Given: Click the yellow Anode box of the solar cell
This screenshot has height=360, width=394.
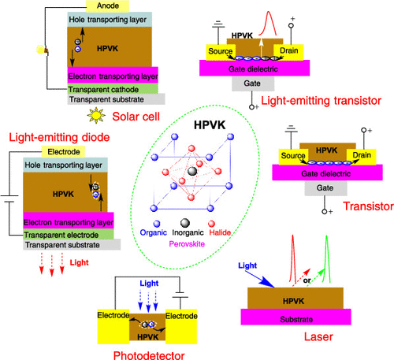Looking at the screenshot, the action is pos(107,6).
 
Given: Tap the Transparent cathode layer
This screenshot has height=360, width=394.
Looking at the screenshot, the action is pos(113,89).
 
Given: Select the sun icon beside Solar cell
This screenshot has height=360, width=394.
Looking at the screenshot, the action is pos(96,115).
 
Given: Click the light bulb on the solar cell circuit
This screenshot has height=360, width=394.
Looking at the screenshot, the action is pos(41,50).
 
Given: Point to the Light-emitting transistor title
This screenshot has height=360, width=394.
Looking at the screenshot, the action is pos(321,101).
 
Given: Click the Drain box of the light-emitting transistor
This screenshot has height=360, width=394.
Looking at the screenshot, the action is pos(288,52).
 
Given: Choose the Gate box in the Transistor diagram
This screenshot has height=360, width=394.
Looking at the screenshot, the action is pos(325,188).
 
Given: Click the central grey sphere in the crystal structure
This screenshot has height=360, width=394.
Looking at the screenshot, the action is pos(192,171).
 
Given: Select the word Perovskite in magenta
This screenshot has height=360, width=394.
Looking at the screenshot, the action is pos(187,244).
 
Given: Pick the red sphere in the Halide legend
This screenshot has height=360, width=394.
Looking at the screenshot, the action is pos(211,224).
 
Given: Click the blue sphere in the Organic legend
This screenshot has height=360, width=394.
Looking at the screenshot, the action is pos(157,224).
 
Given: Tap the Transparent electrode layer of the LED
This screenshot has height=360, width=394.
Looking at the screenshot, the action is pos(69,235).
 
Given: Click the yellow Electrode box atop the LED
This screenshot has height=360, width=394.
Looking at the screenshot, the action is pos(63,152).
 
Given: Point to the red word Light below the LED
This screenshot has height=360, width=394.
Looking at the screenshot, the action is pos(79,262).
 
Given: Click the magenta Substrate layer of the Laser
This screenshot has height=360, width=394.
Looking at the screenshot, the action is pos(295,317).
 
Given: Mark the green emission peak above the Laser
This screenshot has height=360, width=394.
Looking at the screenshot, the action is pos(327,258).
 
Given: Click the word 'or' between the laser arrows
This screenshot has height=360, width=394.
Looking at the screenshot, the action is pos(307,280).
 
